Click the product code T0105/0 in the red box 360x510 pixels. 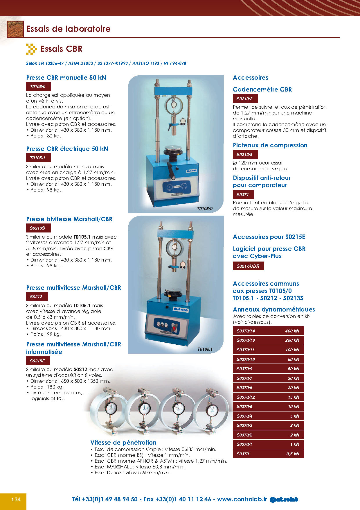(38, 87)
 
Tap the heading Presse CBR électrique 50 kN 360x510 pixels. (67, 149)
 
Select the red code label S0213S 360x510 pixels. (37, 228)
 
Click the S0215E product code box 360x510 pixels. (37, 361)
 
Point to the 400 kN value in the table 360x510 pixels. (292, 331)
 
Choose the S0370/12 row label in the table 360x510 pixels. (246, 397)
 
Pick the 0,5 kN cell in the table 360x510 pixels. (293, 454)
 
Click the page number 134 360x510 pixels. (16, 500)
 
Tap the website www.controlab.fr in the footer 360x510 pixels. (242, 500)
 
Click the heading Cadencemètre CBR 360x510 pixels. (262, 90)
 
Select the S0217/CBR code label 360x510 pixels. (248, 266)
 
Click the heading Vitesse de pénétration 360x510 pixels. (123, 443)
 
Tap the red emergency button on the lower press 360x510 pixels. (174, 329)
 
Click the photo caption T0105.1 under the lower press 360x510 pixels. (205, 349)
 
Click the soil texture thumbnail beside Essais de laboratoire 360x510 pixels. (15, 29)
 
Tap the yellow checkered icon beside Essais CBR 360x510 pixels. (31, 49)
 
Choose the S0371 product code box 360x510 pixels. (243, 195)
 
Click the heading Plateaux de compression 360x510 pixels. (270, 145)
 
